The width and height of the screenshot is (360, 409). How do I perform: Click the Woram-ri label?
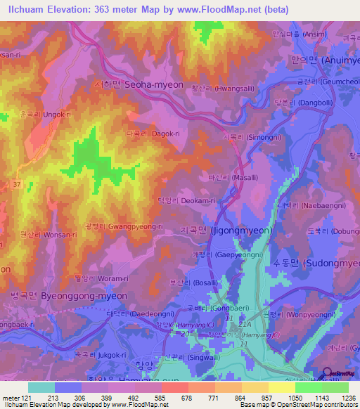(x=83, y=279)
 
